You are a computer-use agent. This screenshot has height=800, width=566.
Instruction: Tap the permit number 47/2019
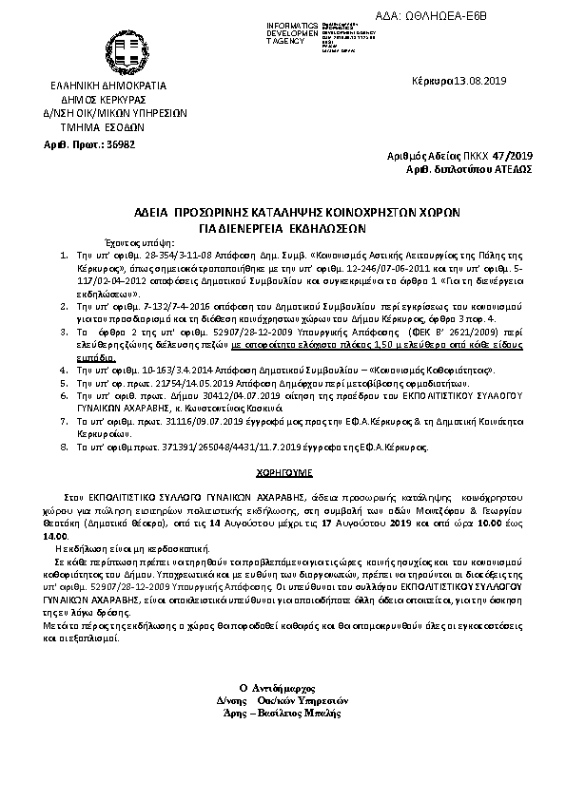pos(512,155)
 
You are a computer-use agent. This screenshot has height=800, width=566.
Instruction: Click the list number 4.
pos(62,366)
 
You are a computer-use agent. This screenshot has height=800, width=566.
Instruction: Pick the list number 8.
pos(62,445)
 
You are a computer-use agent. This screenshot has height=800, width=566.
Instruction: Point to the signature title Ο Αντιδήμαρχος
pos(282,685)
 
